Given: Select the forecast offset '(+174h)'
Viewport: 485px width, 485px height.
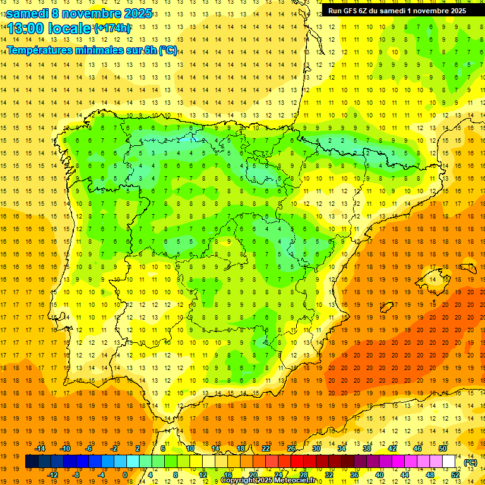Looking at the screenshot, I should click(112, 28).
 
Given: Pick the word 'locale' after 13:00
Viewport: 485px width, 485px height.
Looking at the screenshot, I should click(70, 28).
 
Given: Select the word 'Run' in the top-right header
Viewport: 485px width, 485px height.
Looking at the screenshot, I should click(335, 10).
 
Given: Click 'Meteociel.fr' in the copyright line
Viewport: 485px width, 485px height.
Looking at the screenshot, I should click(294, 481).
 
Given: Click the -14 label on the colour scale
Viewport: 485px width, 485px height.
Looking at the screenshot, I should click(40, 448).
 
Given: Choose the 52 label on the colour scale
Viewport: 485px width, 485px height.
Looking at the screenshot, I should click(455, 475).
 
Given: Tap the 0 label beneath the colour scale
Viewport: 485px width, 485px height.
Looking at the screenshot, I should click(125, 475).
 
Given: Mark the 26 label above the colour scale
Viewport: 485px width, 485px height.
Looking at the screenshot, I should click(291, 448).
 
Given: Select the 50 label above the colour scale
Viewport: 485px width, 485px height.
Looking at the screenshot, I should click(443, 448).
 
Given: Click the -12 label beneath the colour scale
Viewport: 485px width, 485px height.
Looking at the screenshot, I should click(52, 475).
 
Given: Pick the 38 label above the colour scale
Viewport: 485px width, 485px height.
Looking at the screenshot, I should click(367, 448).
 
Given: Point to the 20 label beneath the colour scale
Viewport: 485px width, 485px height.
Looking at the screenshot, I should click(253, 475).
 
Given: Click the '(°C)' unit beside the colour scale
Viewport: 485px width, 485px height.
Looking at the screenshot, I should click(470, 462).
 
